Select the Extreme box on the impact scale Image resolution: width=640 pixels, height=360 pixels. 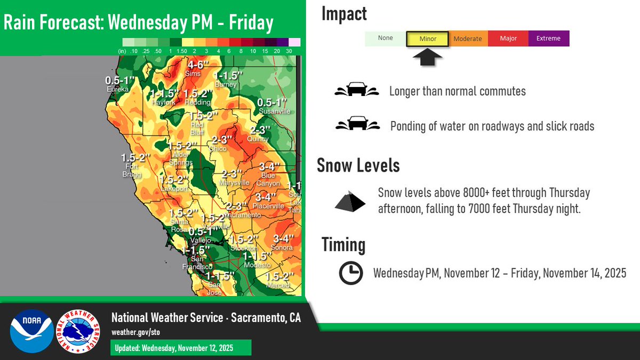[548, 38]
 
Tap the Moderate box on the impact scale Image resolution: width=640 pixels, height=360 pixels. [467, 38]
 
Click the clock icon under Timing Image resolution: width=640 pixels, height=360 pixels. [351, 273]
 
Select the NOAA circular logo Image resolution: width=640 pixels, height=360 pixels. [31, 331]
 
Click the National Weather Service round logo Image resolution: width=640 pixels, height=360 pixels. [78, 331]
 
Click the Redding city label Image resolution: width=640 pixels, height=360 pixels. [198, 102]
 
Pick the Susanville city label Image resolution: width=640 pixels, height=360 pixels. [274, 111]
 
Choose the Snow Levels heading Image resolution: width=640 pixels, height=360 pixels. [358, 165]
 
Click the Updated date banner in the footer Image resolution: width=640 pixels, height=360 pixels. [180, 348]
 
